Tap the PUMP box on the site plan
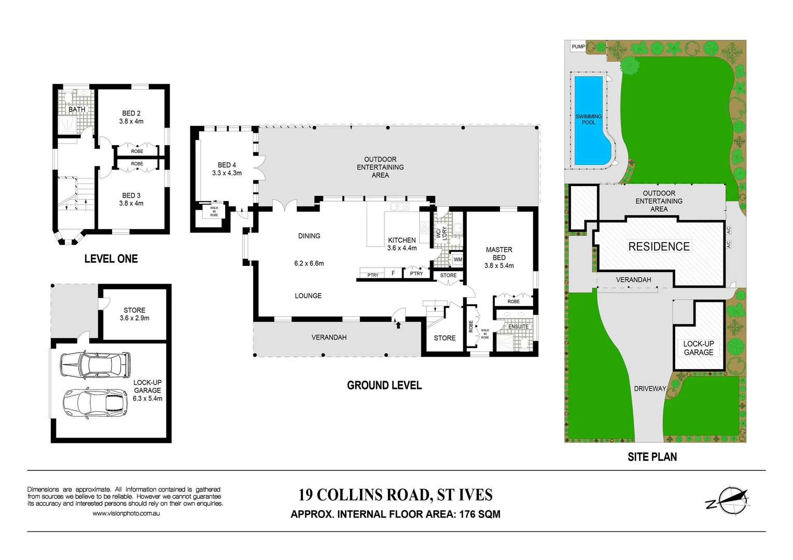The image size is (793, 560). tap(578, 47)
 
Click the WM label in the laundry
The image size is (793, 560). tap(458, 260)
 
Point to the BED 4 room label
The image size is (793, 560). tap(227, 165)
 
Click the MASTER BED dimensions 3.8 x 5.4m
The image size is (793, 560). tap(499, 265)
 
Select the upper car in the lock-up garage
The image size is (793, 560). tap(95, 365)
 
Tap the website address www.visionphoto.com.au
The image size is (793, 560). tap(126, 513)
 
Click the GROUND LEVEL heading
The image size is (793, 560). tap(384, 385)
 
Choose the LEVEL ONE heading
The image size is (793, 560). tap(111, 259)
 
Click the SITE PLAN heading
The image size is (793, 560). tap(652, 457)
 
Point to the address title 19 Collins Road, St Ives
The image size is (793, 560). tap(395, 495)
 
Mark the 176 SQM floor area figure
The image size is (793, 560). tap(480, 514)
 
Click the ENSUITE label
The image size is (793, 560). tap(518, 327)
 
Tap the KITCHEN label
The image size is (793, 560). tap(402, 240)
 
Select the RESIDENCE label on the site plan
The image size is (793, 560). tap(659, 246)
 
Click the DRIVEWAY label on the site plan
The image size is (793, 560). tap(649, 388)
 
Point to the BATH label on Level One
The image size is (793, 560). tap(77, 109)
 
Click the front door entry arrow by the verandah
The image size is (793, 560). tap(398, 325)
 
